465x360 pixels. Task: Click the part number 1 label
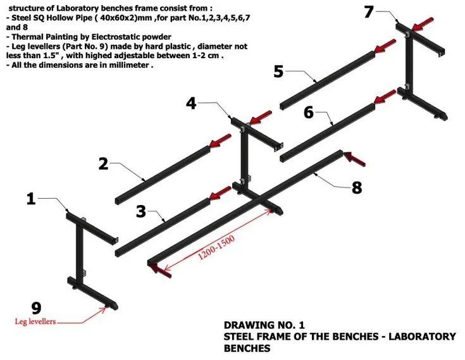click(x=30, y=199)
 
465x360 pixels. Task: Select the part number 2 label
click(x=104, y=163)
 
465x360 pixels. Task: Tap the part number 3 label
click(x=142, y=211)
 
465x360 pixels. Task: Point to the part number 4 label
click(x=191, y=102)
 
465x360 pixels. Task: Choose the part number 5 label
click(x=278, y=71)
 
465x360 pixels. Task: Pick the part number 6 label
click(x=309, y=112)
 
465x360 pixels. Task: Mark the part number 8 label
click(x=357, y=187)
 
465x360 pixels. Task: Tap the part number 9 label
click(x=36, y=308)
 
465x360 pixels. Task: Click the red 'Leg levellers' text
click(x=35, y=321)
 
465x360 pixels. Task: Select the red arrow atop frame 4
click(x=261, y=116)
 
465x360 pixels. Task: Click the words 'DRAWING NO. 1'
click(x=264, y=325)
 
